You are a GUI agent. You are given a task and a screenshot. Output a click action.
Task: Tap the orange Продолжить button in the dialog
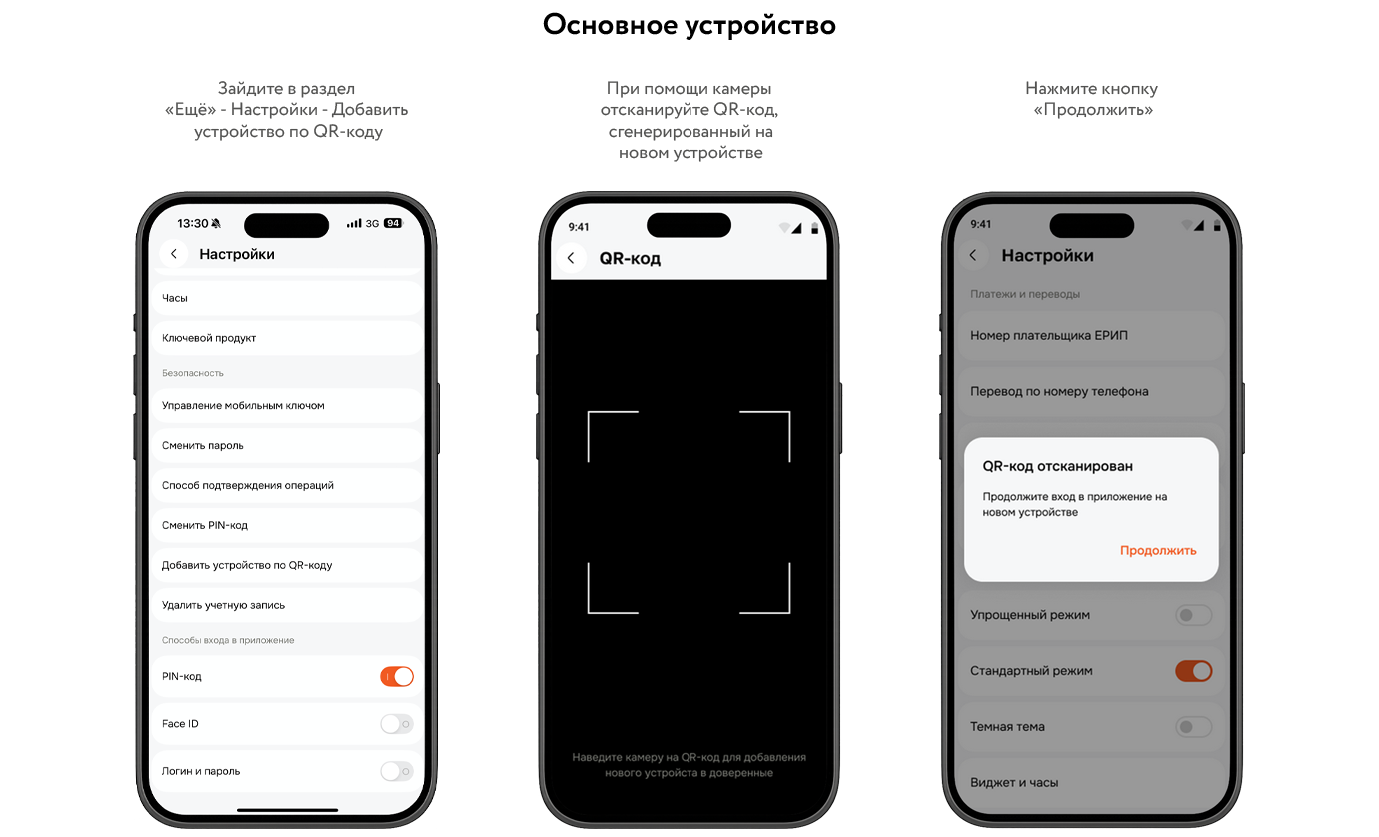click(1158, 550)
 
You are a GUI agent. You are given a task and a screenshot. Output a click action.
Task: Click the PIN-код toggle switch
click(397, 676)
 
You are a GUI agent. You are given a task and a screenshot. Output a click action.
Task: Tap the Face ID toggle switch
click(397, 724)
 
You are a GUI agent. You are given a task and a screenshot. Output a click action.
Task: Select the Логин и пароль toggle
click(397, 771)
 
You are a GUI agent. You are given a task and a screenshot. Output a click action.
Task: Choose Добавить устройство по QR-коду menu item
click(287, 565)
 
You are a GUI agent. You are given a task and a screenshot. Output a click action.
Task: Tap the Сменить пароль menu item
click(287, 445)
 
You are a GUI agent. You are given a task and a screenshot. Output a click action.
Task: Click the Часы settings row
click(287, 298)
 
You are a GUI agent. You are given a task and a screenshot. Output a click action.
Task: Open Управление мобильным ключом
click(287, 405)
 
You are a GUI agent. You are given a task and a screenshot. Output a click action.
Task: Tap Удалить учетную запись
click(287, 605)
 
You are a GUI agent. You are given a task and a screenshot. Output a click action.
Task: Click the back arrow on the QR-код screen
click(571, 258)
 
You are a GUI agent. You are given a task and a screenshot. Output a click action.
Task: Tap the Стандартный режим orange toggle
click(1194, 671)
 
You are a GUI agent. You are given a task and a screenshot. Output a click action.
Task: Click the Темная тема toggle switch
click(1194, 727)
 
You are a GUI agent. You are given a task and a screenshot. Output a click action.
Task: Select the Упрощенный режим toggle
click(1194, 615)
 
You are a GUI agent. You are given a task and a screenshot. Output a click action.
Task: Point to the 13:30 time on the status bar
click(193, 223)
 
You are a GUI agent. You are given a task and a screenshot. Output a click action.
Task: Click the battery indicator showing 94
click(393, 223)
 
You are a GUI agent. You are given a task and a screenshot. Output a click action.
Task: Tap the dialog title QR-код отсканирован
click(1057, 466)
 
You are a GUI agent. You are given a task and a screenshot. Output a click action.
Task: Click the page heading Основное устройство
click(689, 25)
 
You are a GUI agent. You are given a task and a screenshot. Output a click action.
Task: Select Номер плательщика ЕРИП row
click(1091, 336)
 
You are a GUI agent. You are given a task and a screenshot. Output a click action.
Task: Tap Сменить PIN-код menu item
click(287, 525)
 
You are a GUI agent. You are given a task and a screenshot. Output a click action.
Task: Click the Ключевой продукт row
click(287, 338)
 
